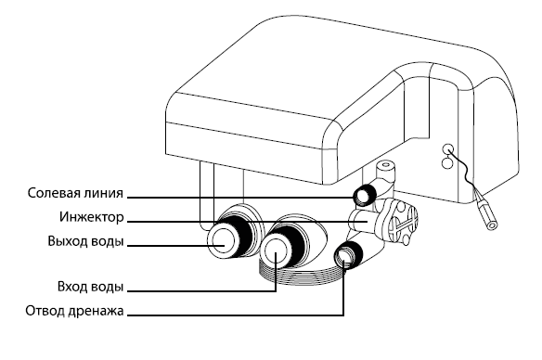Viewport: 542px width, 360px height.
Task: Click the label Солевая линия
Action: pos(75,193)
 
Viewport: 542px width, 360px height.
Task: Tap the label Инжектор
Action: pos(92,217)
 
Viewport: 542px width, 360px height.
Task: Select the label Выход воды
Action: pos(85,241)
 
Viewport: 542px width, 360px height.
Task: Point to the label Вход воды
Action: pos(91,287)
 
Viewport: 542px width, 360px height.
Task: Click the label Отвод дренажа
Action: pos(74,311)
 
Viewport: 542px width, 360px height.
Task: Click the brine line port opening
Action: pos(363,197)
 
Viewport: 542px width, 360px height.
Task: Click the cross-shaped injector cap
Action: pos(405,223)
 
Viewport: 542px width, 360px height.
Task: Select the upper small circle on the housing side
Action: pos(448,149)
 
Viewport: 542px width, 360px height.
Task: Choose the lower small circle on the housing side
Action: pos(447,162)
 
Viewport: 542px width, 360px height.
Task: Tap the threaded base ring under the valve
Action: pos(301,276)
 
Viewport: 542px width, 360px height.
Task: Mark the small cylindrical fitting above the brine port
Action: pos(385,170)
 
